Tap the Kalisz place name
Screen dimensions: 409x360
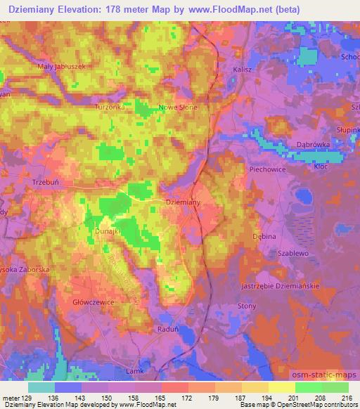[243, 70]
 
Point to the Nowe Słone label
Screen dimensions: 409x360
[179, 107]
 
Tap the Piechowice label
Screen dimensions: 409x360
[266, 169]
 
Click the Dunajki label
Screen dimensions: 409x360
[109, 230]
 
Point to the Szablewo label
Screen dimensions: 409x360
[293, 252]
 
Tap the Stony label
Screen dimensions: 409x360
[266, 306]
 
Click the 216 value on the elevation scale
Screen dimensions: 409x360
[345, 398]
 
